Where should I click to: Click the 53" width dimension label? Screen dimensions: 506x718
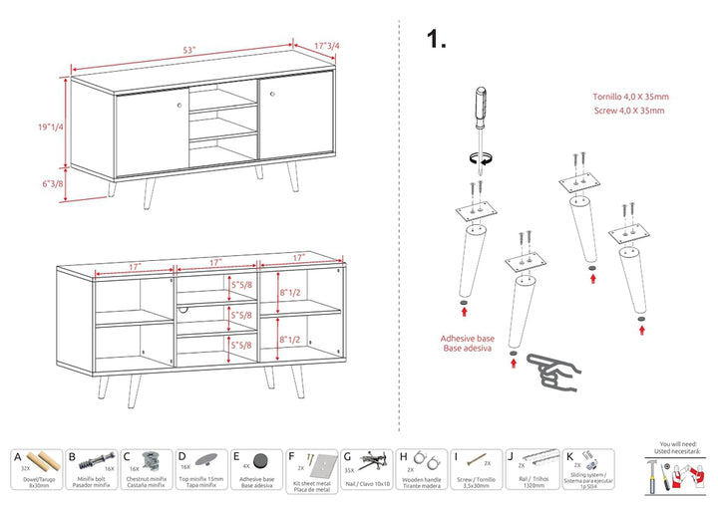point(188,50)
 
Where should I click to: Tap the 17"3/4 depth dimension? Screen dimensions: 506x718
point(327,46)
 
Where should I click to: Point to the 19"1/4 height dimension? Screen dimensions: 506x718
point(49,127)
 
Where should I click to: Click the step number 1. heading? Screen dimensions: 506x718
point(436,40)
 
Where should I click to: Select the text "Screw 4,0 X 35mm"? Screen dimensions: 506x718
point(627,113)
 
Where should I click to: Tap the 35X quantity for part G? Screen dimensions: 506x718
point(349,468)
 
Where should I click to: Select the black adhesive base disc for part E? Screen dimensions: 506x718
point(261,461)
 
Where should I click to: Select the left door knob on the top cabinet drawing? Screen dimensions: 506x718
point(179,104)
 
